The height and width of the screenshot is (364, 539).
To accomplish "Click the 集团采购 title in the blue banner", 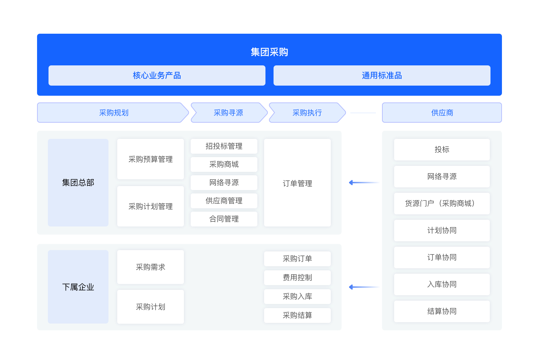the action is click(269, 52).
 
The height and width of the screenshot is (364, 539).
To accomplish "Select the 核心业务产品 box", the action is click(157, 75).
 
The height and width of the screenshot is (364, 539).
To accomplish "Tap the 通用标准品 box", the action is click(382, 75).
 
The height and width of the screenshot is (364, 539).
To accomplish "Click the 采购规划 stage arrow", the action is click(113, 113).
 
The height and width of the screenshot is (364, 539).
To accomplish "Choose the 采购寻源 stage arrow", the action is click(229, 113).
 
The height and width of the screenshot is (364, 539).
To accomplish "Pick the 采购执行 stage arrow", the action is click(307, 113).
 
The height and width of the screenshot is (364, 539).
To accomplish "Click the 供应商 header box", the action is click(442, 113).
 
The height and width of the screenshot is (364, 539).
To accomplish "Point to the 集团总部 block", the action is click(78, 182).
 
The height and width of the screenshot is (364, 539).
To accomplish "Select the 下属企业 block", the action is click(78, 287).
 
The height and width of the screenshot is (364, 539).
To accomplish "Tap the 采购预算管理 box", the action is click(151, 159).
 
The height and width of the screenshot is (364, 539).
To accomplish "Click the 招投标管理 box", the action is click(224, 146).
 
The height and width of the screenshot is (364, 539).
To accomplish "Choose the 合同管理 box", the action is click(224, 219).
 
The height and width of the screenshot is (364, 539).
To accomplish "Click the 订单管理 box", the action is click(297, 183).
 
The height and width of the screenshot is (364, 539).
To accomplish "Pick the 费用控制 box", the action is click(297, 278).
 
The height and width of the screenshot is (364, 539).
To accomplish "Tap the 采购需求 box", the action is click(151, 267).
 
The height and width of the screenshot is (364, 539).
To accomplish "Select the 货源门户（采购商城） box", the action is click(442, 204).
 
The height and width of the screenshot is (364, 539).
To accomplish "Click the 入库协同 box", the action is click(442, 284).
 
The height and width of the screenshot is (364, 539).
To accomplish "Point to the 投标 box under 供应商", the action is click(442, 150).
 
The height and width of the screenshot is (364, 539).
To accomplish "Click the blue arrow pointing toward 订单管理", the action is click(364, 183).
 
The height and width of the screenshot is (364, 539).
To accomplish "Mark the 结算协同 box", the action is click(442, 311).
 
